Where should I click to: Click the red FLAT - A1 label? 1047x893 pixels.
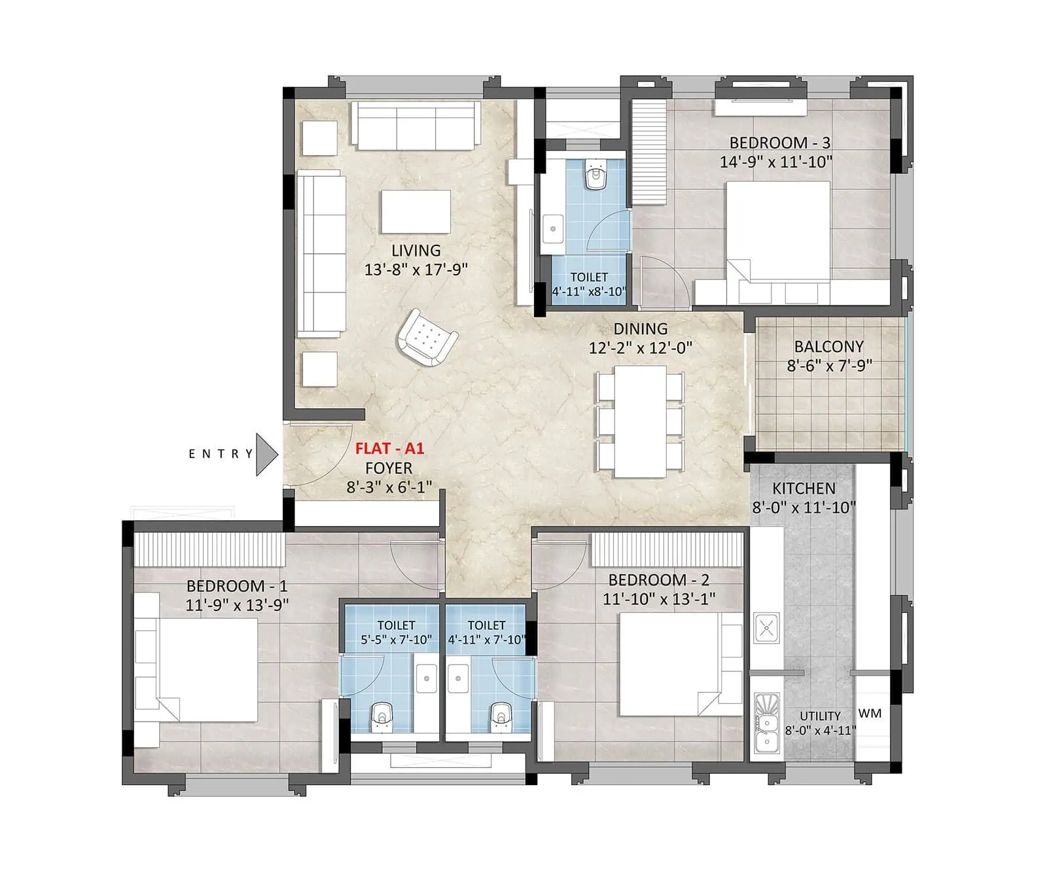(389, 449)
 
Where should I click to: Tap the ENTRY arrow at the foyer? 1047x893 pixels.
(266, 454)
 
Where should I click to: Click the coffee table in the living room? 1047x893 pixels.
(416, 211)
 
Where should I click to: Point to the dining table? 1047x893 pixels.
(640, 421)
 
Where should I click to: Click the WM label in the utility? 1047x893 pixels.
(870, 713)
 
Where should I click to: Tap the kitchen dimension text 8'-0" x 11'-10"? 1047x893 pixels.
(804, 507)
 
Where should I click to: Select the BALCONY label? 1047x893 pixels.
(828, 347)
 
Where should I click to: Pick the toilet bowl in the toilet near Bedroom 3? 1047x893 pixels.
(595, 175)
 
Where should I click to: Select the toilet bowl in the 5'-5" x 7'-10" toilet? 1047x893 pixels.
(382, 718)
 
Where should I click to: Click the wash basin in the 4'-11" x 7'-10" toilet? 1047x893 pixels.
(457, 678)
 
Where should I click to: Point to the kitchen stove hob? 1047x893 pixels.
(766, 629)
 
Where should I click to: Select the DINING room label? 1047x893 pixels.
(640, 329)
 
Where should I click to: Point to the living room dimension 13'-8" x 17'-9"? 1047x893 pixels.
(416, 270)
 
